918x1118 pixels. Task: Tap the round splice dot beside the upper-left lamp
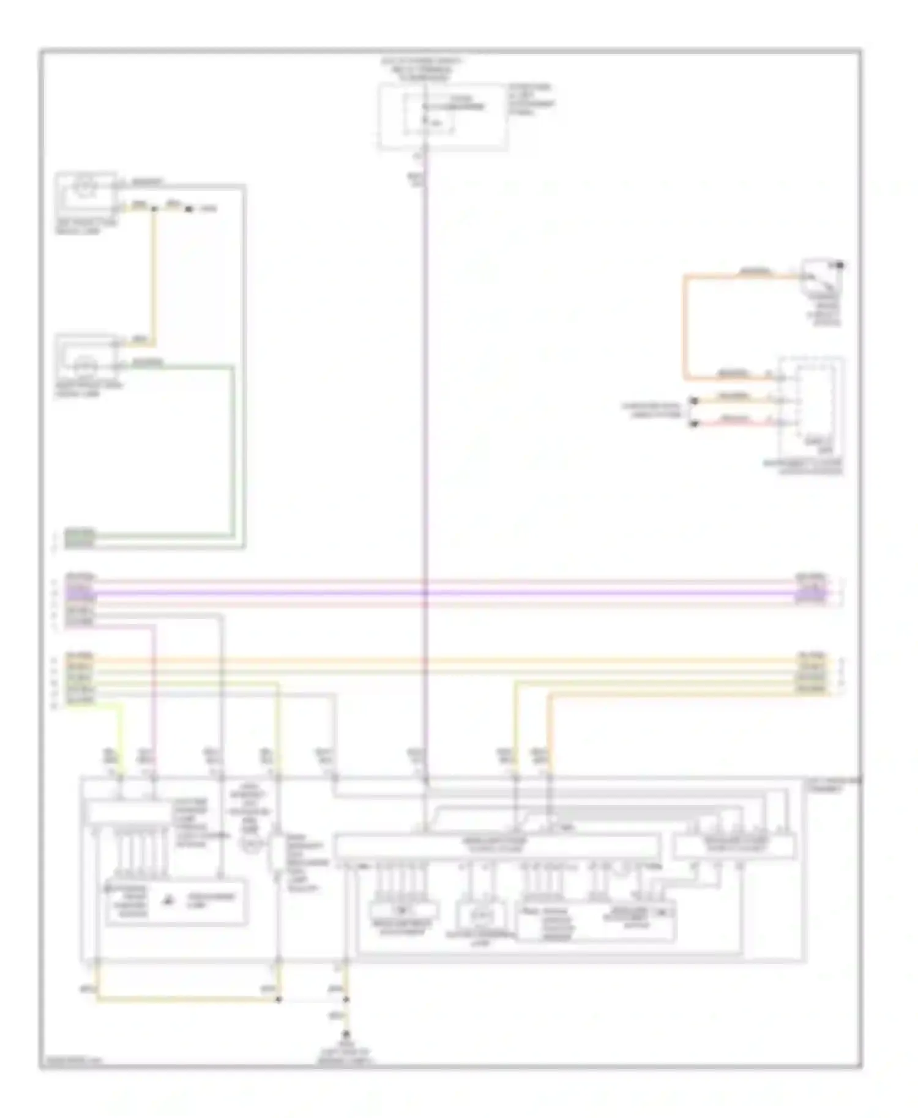click(154, 209)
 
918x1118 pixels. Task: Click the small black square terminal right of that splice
click(188, 210)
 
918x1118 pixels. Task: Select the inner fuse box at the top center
click(428, 114)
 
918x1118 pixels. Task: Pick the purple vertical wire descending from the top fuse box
click(424, 428)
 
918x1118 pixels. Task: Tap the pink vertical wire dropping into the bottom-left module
click(154, 703)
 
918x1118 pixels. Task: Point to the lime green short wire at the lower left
click(120, 734)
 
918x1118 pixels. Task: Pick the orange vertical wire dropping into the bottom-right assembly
click(549, 734)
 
